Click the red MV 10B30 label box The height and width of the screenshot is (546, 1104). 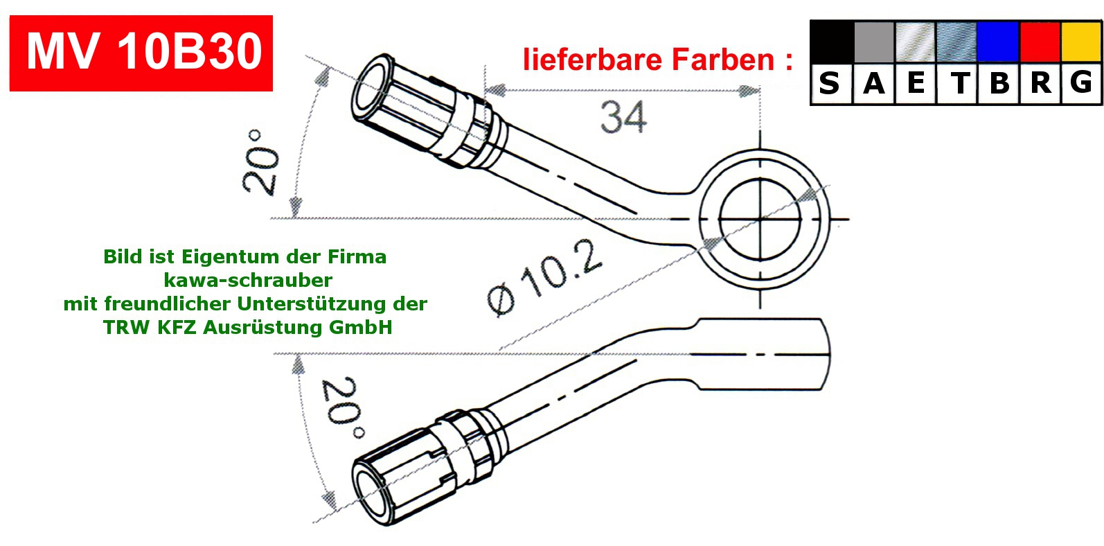pos(141,53)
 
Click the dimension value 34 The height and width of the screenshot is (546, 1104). pos(623,117)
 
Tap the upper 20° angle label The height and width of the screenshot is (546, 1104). pos(260,161)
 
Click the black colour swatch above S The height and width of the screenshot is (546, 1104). pos(831,42)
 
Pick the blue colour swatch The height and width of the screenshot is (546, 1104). pos(997,42)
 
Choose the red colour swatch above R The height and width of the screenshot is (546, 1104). pos(1040,42)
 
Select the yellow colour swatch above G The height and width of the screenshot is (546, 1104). pos(1080,42)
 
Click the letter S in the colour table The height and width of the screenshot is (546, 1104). pos(830,84)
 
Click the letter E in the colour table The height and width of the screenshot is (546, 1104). pos(916,84)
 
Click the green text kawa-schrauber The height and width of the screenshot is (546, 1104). pos(248,280)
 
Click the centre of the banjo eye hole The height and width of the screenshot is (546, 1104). pos(760,219)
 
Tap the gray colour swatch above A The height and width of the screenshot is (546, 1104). pos(874,42)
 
